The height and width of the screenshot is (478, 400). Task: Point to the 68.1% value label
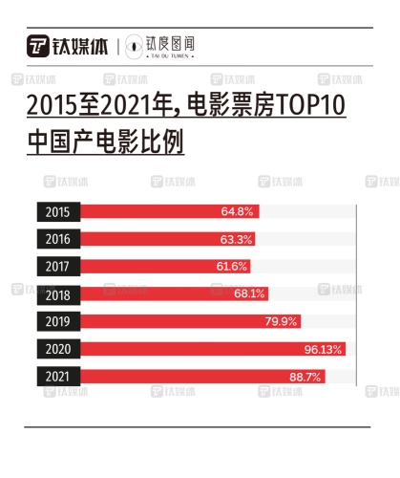pyautogui.click(x=248, y=293)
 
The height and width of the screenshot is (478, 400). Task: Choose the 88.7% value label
pyautogui.click(x=305, y=377)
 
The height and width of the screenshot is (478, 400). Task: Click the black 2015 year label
pyautogui.click(x=57, y=211)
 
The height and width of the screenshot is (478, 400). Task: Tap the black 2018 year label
pyautogui.click(x=57, y=293)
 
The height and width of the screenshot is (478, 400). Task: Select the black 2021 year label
pyautogui.click(x=57, y=377)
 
